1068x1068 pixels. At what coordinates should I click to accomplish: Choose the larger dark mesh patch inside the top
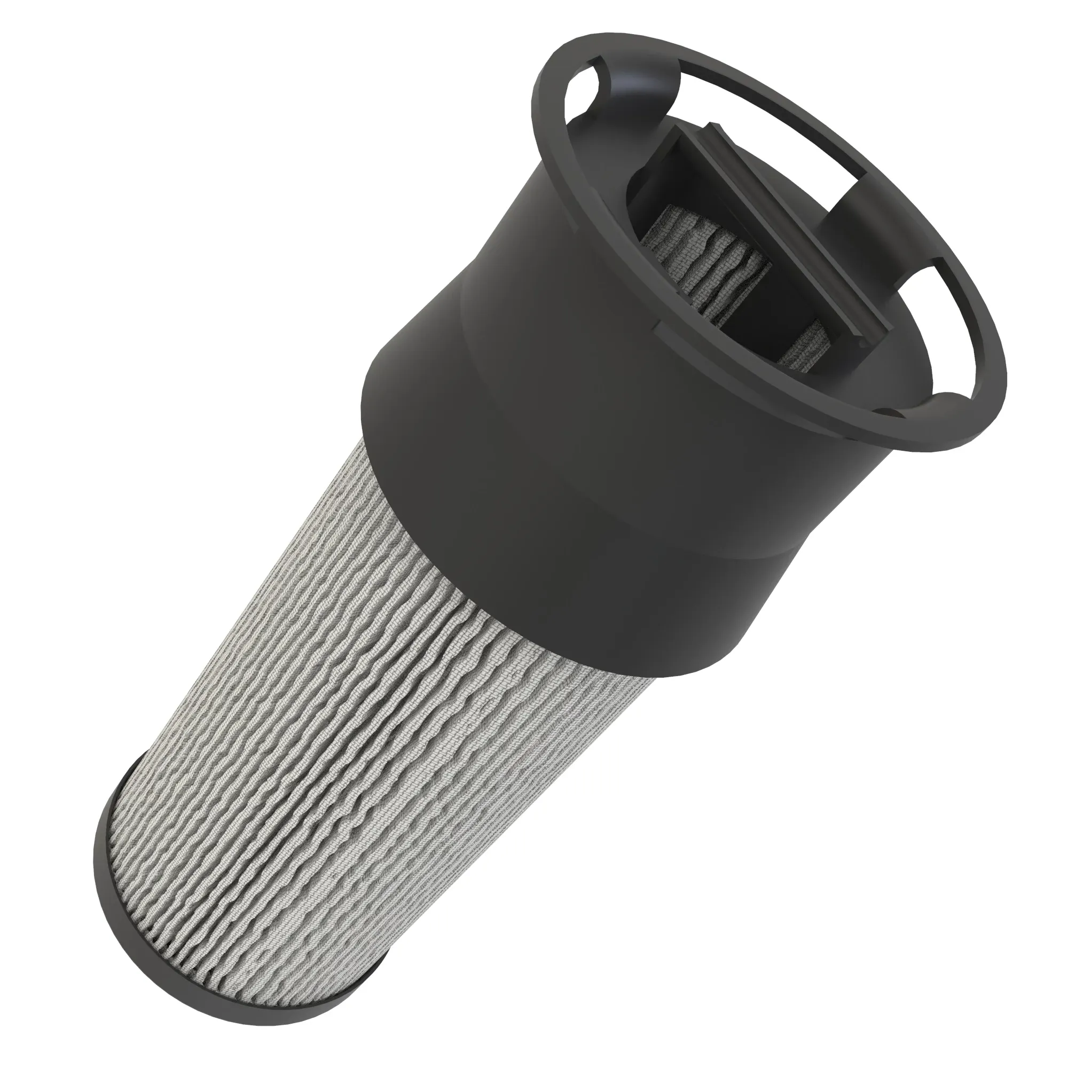tap(686, 243)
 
